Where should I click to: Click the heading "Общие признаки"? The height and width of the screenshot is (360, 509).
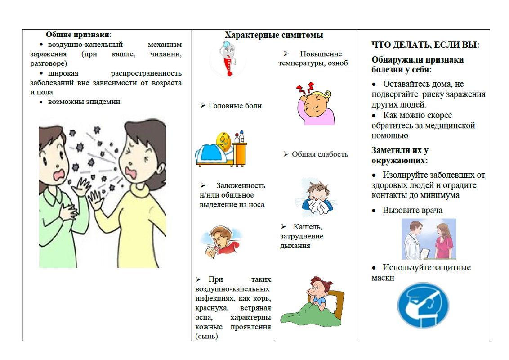click(x=78, y=35)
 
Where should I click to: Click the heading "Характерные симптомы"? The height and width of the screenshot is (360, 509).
click(x=274, y=35)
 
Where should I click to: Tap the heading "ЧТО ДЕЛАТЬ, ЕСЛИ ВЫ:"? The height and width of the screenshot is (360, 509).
click(x=425, y=45)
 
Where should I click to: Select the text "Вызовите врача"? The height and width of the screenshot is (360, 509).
click(x=412, y=210)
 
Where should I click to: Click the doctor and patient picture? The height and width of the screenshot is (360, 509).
click(x=429, y=239)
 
